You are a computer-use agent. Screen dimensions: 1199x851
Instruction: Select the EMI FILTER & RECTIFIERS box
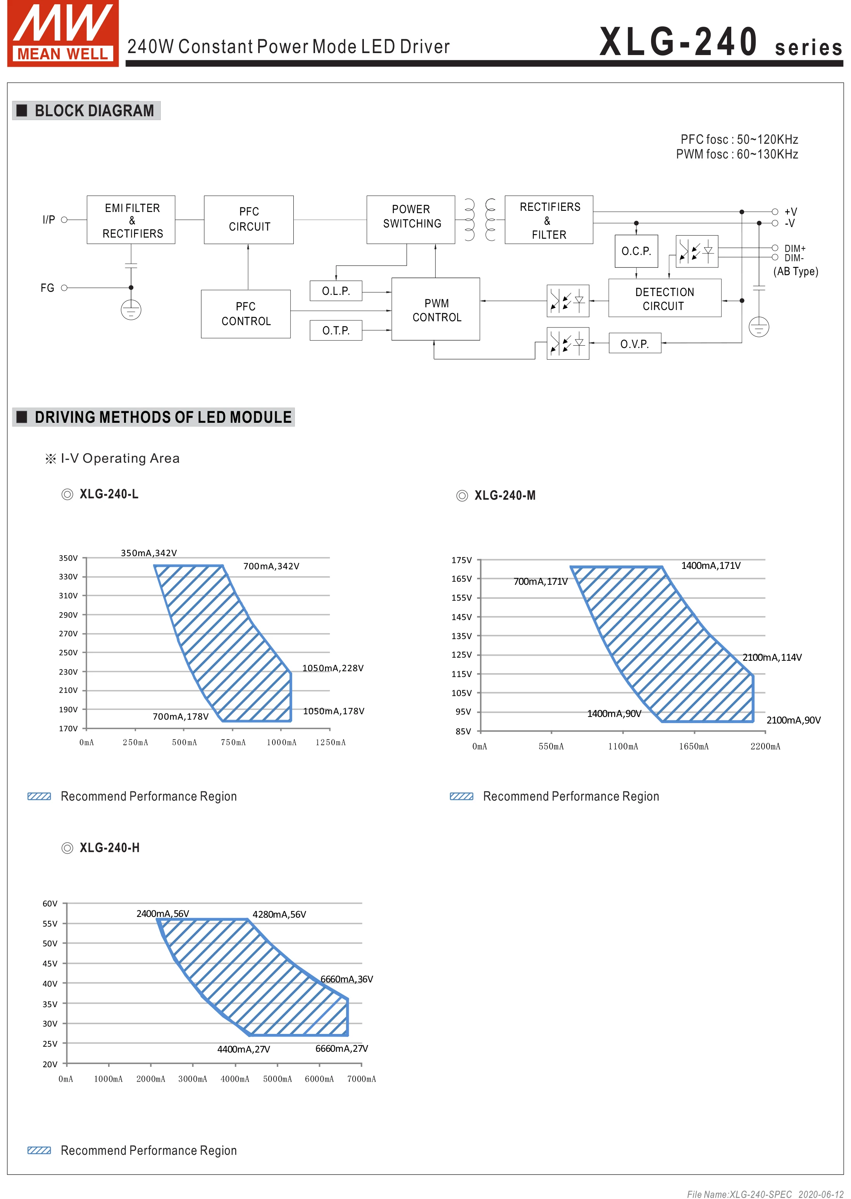pos(131,220)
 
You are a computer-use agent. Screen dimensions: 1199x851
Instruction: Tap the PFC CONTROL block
pos(246,314)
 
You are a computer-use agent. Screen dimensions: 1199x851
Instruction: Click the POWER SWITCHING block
pos(411,220)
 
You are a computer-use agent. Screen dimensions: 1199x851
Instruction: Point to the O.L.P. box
pos(336,291)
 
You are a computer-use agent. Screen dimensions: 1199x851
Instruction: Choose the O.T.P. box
pos(336,330)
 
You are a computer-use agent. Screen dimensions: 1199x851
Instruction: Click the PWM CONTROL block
pos(436,310)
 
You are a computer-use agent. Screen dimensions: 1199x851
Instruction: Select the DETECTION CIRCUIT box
pos(665,299)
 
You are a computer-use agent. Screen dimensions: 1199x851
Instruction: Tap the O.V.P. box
pos(635,344)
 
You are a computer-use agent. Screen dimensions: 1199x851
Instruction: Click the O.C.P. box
pos(636,251)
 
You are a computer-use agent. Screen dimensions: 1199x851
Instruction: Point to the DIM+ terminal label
pos(794,248)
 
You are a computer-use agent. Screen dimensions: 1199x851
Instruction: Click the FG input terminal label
pos(48,288)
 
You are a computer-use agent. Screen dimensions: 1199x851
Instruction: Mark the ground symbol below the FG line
pos(131,310)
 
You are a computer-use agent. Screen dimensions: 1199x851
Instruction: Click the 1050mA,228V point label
pos(333,668)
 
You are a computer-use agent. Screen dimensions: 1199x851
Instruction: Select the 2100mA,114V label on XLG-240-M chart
pos(772,657)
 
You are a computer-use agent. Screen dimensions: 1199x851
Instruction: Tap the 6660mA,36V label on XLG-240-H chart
pos(346,979)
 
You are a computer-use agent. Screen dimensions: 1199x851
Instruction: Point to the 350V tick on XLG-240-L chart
pos(68,558)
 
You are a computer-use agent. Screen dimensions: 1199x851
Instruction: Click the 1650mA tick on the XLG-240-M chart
pos(694,746)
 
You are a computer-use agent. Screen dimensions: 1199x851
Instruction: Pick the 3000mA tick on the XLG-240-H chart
pos(192,1078)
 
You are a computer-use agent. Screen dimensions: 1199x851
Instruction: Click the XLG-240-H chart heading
pos(109,848)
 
